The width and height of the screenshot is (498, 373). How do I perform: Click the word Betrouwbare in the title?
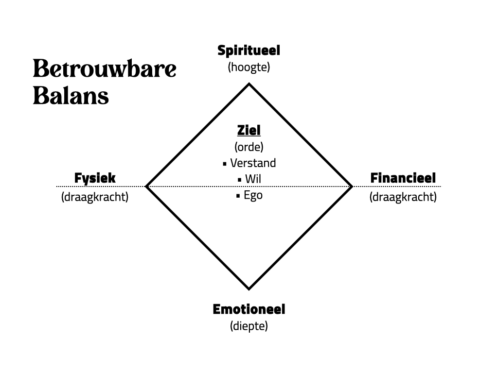(x=105, y=69)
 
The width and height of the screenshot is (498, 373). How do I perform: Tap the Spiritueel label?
(x=249, y=51)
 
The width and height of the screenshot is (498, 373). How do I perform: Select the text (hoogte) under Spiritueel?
(x=249, y=67)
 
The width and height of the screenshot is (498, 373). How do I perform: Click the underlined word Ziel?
(x=249, y=130)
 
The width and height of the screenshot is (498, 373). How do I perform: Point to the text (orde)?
(x=249, y=146)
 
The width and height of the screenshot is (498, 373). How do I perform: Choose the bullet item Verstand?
(x=253, y=163)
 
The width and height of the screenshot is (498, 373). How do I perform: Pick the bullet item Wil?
(x=253, y=179)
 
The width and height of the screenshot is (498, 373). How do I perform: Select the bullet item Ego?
(x=253, y=196)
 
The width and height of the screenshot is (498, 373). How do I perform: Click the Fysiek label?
(x=95, y=178)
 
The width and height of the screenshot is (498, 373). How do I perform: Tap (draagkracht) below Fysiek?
(x=95, y=197)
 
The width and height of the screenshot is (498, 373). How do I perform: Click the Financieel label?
(x=403, y=178)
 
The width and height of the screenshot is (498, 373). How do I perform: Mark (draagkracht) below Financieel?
(x=403, y=197)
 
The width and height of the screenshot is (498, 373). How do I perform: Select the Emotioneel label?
(x=249, y=309)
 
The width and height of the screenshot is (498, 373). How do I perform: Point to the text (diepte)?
(x=249, y=326)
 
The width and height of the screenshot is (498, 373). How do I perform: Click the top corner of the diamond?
(x=249, y=84)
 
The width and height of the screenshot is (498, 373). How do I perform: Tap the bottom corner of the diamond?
(x=249, y=288)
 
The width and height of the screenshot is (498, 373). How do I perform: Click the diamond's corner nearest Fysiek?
(x=147, y=186)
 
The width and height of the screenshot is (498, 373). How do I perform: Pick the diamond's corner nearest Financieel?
(x=351, y=186)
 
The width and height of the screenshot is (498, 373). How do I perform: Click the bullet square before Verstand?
(x=225, y=164)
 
